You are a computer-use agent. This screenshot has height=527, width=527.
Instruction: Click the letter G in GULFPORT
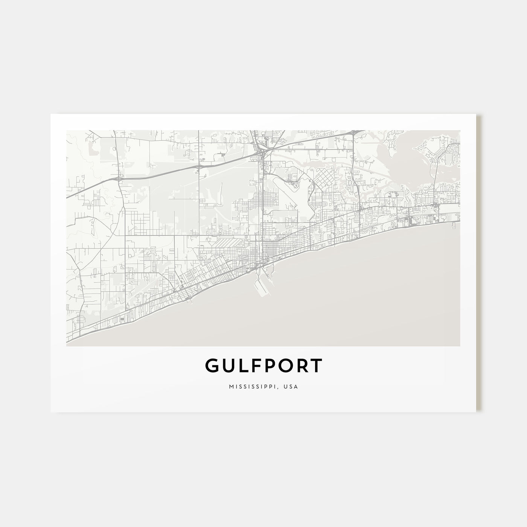point(212,366)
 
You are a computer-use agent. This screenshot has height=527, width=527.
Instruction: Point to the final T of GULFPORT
point(316,366)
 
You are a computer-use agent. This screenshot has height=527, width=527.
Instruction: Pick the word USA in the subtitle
point(291,387)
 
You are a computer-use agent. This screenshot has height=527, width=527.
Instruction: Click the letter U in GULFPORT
point(228,366)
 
